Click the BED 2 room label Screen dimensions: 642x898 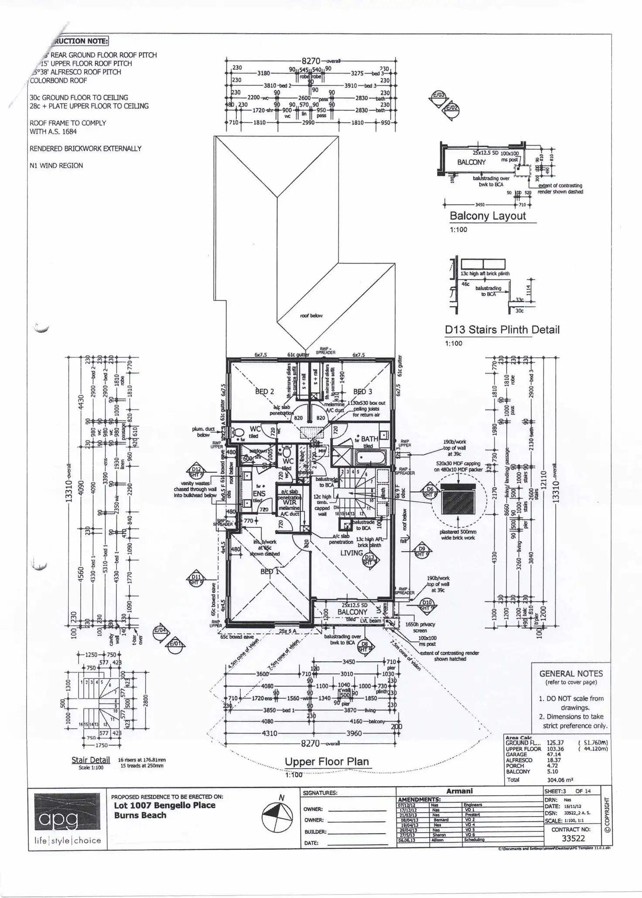tap(264, 391)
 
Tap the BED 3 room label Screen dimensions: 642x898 tap(362, 391)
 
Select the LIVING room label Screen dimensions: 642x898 tap(352, 553)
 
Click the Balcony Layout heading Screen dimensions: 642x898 tap(488, 216)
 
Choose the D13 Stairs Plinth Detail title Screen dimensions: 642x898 tap(502, 329)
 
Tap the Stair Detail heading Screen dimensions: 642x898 tap(90, 760)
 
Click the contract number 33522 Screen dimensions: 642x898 tap(573, 838)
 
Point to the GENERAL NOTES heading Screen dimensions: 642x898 tap(571, 673)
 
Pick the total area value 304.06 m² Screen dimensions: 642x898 tap(560, 780)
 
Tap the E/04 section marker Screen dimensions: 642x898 tap(160, 631)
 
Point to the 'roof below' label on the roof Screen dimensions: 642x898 tap(311, 315)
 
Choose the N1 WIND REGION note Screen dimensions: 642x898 tap(56, 166)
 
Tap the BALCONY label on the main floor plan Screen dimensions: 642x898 tap(352, 612)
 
